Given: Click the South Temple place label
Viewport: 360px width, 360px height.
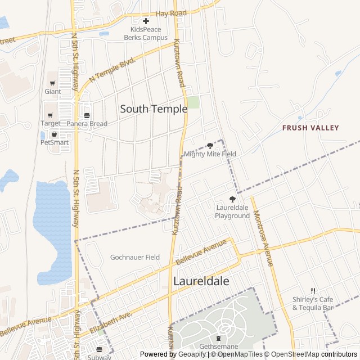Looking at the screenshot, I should [x=154, y=109].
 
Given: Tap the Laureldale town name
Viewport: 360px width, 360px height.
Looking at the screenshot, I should [x=201, y=281].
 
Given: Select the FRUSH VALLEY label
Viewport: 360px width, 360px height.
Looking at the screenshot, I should [x=310, y=128].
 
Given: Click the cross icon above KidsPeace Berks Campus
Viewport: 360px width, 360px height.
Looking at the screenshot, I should [x=146, y=21].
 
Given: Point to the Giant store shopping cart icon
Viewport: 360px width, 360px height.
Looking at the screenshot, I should [x=52, y=83].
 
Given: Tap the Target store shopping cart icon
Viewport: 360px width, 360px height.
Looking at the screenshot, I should [x=50, y=115].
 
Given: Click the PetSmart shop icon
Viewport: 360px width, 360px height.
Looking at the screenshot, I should [x=54, y=134].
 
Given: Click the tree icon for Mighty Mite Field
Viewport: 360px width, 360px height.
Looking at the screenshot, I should [x=210, y=146].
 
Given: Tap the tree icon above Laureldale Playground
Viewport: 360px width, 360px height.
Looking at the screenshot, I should [x=232, y=199].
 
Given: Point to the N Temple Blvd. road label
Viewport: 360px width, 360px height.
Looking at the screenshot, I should [x=112, y=68].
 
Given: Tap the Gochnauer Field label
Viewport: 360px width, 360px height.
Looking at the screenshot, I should [x=135, y=257].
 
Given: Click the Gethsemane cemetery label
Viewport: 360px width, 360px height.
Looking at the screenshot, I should [x=218, y=346].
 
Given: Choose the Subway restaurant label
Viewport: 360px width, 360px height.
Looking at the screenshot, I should [x=99, y=356].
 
